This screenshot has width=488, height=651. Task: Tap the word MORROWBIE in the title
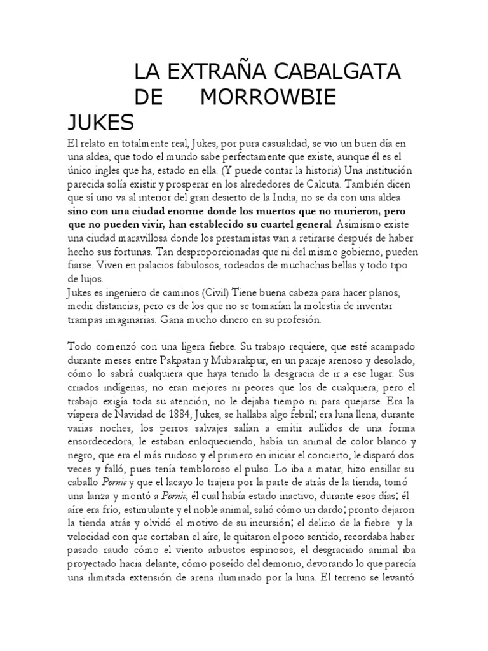click(x=268, y=97)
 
